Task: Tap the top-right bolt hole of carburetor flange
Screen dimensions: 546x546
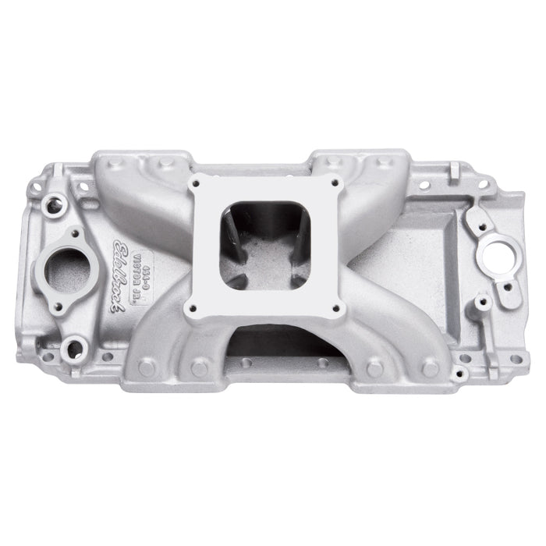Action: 335,183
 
